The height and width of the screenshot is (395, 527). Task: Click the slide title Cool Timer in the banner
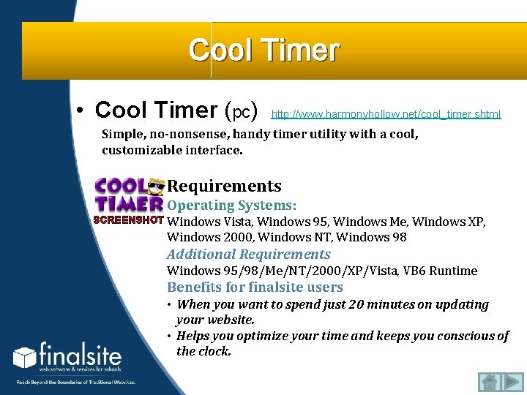pyautogui.click(x=263, y=50)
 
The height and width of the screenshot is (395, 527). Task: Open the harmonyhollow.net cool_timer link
pyautogui.click(x=386, y=114)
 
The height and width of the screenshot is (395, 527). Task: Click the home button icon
pyautogui.click(x=488, y=382)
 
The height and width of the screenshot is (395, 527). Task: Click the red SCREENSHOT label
pyautogui.click(x=129, y=220)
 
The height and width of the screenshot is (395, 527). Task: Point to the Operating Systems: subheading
pyautogui.click(x=231, y=206)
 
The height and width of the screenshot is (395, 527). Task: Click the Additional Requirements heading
pyautogui.click(x=248, y=254)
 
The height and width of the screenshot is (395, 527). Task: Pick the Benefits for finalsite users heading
pyautogui.click(x=255, y=287)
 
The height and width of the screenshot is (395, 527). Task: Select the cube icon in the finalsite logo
pyautogui.click(x=24, y=358)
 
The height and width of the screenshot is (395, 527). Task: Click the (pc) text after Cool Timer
pyautogui.click(x=242, y=111)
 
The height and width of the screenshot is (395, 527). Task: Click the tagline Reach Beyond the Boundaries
pyautogui.click(x=76, y=382)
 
